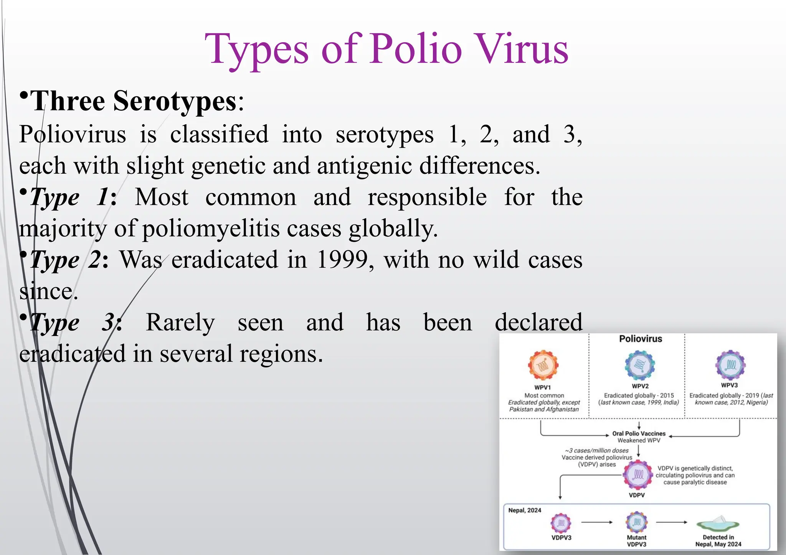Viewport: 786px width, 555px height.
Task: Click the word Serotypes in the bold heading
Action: [x=175, y=101]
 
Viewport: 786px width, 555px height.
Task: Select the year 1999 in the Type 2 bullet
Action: [x=343, y=260]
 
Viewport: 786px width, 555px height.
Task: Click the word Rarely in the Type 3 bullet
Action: [x=180, y=322]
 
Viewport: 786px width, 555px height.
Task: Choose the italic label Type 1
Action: [x=69, y=198]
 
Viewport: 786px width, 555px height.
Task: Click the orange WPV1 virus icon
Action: [x=543, y=365]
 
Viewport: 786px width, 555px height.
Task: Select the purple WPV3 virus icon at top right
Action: [x=730, y=364]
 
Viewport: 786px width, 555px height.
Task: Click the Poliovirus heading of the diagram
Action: [x=641, y=339]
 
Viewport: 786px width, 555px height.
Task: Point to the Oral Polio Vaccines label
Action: [x=639, y=433]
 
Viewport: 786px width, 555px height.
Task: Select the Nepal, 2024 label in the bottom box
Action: [x=525, y=510]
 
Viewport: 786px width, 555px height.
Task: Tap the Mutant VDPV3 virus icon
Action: [x=637, y=522]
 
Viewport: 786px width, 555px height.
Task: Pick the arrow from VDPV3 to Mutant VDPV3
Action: [x=597, y=522]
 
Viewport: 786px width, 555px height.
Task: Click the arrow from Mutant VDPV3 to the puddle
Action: [x=672, y=522]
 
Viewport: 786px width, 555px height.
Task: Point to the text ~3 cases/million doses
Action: [x=597, y=450]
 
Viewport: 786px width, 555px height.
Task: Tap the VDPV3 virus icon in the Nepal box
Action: [x=561, y=523]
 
